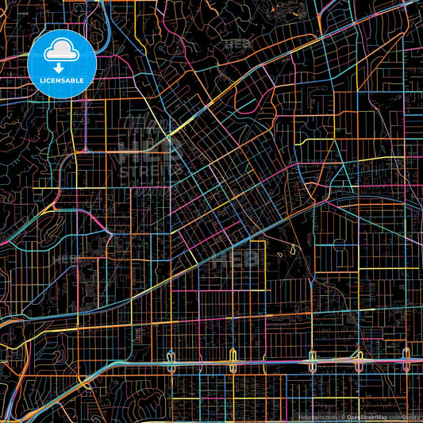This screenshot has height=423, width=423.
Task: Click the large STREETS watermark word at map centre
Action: pyautogui.click(x=150, y=169)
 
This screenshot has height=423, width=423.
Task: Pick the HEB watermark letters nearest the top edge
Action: pyautogui.click(x=236, y=45)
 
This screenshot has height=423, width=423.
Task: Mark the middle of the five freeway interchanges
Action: pyautogui.click(x=313, y=360)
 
